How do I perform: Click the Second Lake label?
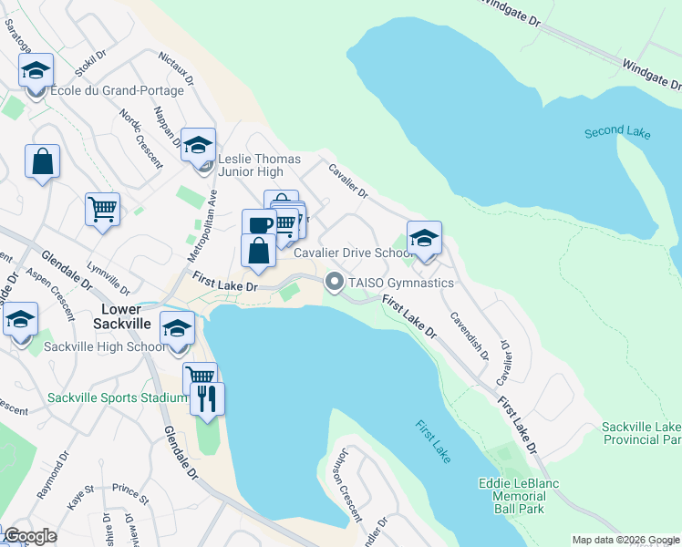[617, 133]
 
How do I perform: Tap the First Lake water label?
[433, 441]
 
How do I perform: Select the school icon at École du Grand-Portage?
[36, 70]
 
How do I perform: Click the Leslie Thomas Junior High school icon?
[198, 145]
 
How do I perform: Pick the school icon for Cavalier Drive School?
[424, 238]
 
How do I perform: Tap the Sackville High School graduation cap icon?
[177, 328]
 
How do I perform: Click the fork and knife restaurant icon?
[207, 399]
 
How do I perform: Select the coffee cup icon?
[259, 225]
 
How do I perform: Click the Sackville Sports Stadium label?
[105, 397]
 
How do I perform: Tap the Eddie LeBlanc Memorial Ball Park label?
[518, 495]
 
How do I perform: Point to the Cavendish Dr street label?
[470, 335]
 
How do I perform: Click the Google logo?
[30, 536]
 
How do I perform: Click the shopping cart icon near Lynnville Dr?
[102, 209]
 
